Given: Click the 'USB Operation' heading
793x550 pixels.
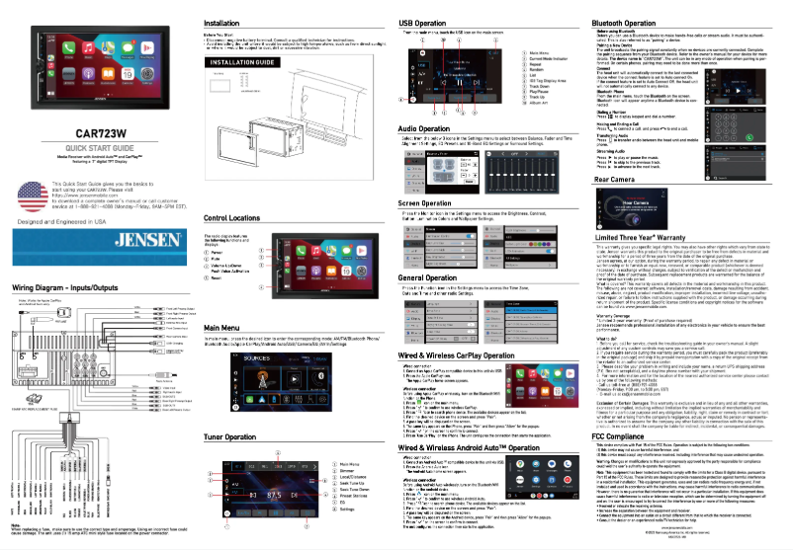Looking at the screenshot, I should point(400,21).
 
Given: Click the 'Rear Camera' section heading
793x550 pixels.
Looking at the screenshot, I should point(614,181).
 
